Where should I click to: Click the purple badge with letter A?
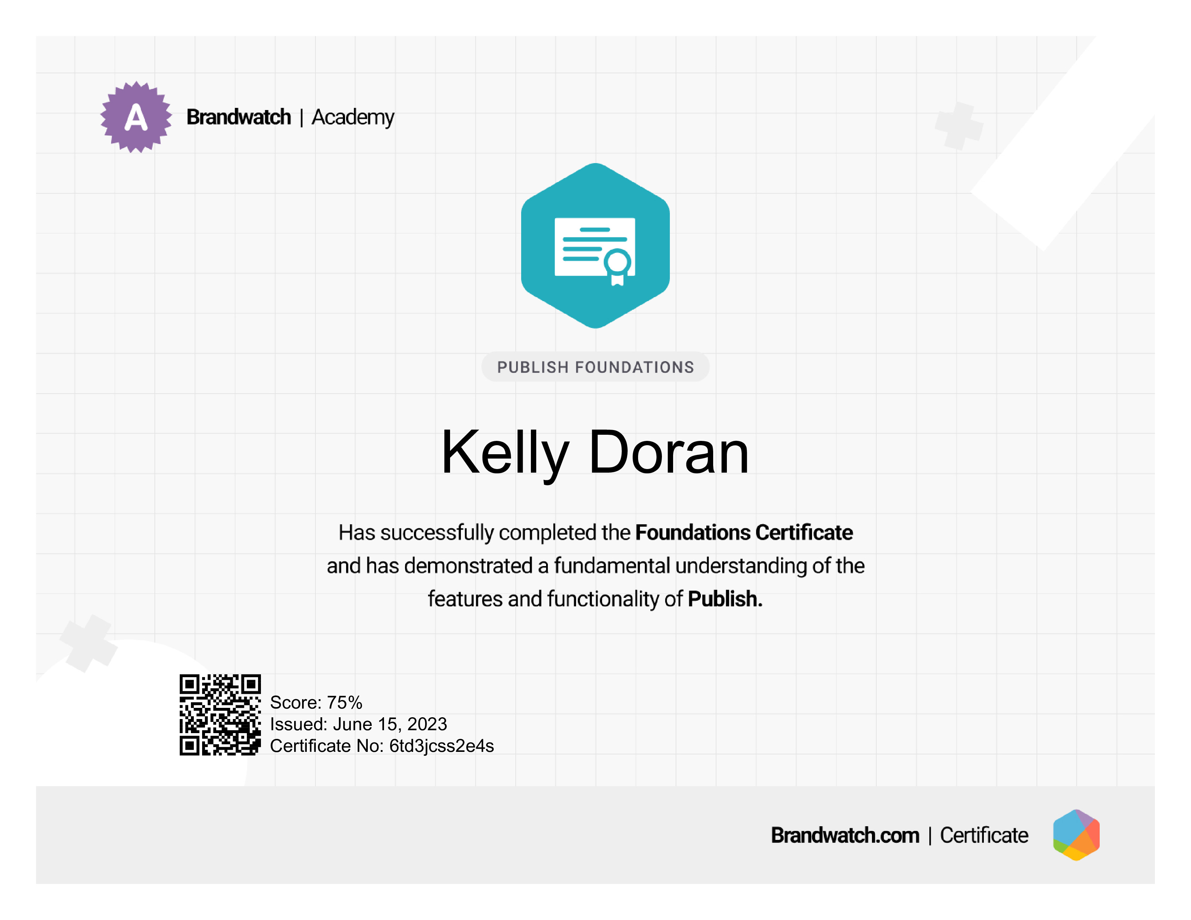[136, 117]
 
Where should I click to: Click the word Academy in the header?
[353, 118]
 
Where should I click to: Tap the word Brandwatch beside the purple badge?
[239, 117]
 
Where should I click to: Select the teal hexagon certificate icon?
[595, 246]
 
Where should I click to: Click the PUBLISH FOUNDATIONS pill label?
[595, 367]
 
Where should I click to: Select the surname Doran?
[669, 452]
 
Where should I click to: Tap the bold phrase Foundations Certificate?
[744, 533]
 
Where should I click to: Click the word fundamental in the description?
[612, 566]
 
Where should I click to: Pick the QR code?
[220, 714]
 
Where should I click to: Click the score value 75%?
[345, 702]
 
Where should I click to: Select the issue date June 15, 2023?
[390, 724]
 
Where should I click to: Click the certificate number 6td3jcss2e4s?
[442, 746]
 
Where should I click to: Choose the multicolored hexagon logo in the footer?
[1077, 835]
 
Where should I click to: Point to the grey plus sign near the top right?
[959, 126]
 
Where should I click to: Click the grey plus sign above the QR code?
[88, 643]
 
